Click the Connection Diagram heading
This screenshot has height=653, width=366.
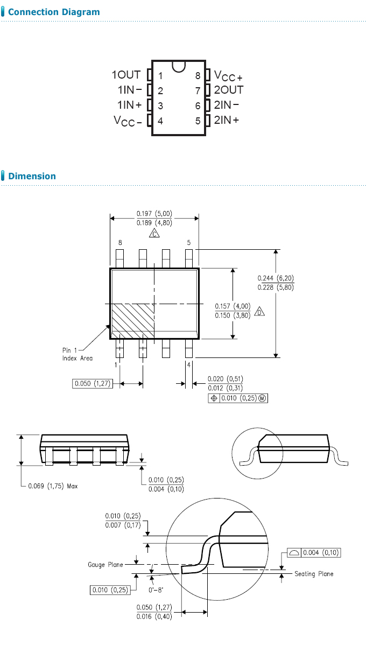point(54,12)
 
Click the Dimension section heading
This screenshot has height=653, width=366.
point(32,176)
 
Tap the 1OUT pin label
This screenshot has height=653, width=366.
point(126,75)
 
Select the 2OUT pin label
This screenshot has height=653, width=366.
point(229,90)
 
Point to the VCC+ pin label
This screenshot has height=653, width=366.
point(228,76)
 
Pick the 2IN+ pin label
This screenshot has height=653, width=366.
point(227,120)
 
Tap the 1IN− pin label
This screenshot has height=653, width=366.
point(130,90)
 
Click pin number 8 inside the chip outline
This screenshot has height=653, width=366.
point(198,76)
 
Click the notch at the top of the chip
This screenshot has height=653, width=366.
point(178,66)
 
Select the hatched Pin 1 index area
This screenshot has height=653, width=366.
point(132,321)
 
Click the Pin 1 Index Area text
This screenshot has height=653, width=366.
point(78,354)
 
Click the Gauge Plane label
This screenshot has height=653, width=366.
point(105,565)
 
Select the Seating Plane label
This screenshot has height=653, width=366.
point(314,574)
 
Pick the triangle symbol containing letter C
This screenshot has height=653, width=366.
point(154,234)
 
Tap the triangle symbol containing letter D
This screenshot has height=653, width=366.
point(259,312)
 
